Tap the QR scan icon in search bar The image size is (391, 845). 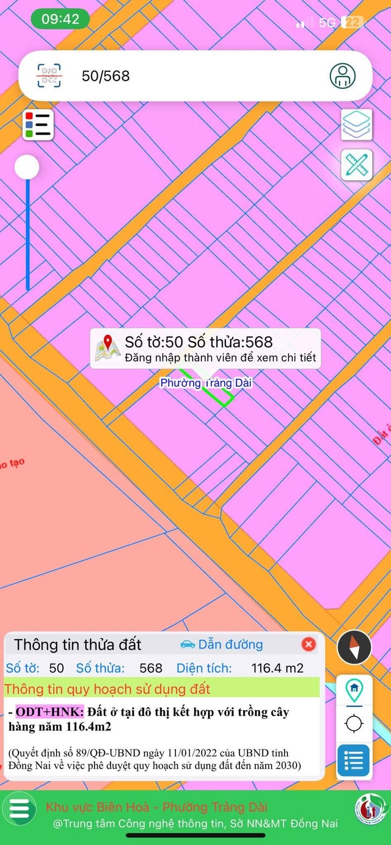[49, 75]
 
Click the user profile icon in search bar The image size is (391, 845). [343, 75]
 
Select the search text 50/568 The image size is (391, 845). [106, 76]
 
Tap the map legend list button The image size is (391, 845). [38, 125]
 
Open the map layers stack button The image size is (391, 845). [357, 125]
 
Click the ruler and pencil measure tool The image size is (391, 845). [357, 164]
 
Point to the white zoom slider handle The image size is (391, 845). [27, 167]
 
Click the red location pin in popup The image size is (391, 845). [108, 344]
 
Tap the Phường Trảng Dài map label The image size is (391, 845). [206, 383]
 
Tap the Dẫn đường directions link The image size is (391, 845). [222, 645]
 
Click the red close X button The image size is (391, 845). [308, 644]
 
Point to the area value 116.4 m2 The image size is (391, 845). [277, 668]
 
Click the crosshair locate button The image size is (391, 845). [354, 723]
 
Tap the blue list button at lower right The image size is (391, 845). [354, 760]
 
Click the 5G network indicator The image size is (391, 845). [327, 22]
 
